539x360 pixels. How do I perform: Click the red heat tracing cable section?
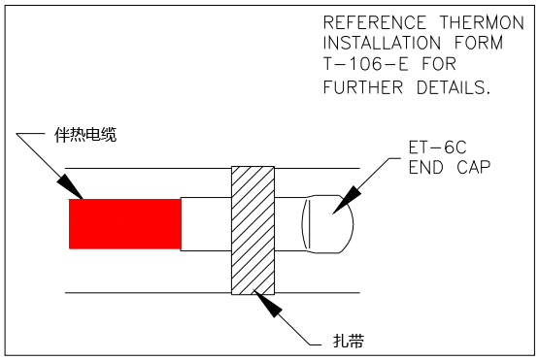click(x=124, y=223)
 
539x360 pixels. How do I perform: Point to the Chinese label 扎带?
click(x=349, y=341)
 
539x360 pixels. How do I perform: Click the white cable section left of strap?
click(x=206, y=224)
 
